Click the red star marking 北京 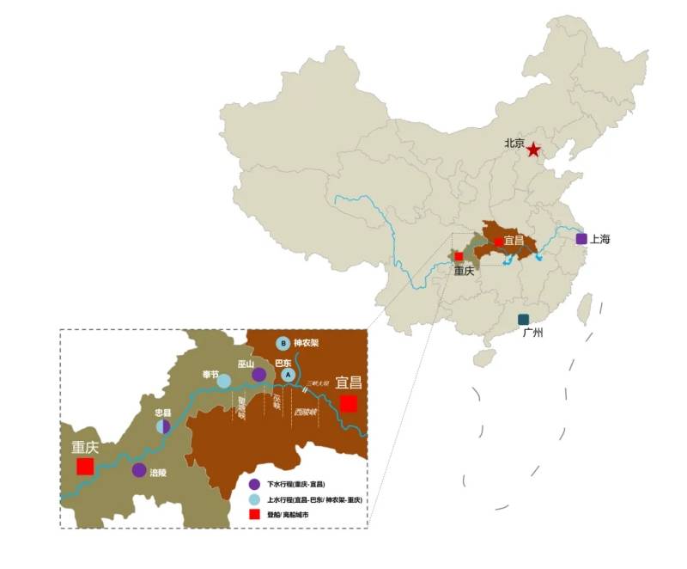[x=533, y=150]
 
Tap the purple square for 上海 [x=581, y=239]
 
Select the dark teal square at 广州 [x=524, y=320]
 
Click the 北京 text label [x=514, y=144]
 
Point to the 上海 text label [x=599, y=239]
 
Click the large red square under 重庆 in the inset [x=85, y=466]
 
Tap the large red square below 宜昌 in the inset [x=348, y=403]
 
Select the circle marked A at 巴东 [x=289, y=375]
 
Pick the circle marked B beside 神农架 [x=283, y=343]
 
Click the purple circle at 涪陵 [x=139, y=470]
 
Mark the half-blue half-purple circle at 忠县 [x=163, y=427]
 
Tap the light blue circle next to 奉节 [x=223, y=381]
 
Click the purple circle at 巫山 [x=258, y=375]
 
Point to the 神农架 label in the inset [x=307, y=342]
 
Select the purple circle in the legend [x=254, y=485]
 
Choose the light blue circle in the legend [x=254, y=499]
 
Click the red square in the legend [x=254, y=514]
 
